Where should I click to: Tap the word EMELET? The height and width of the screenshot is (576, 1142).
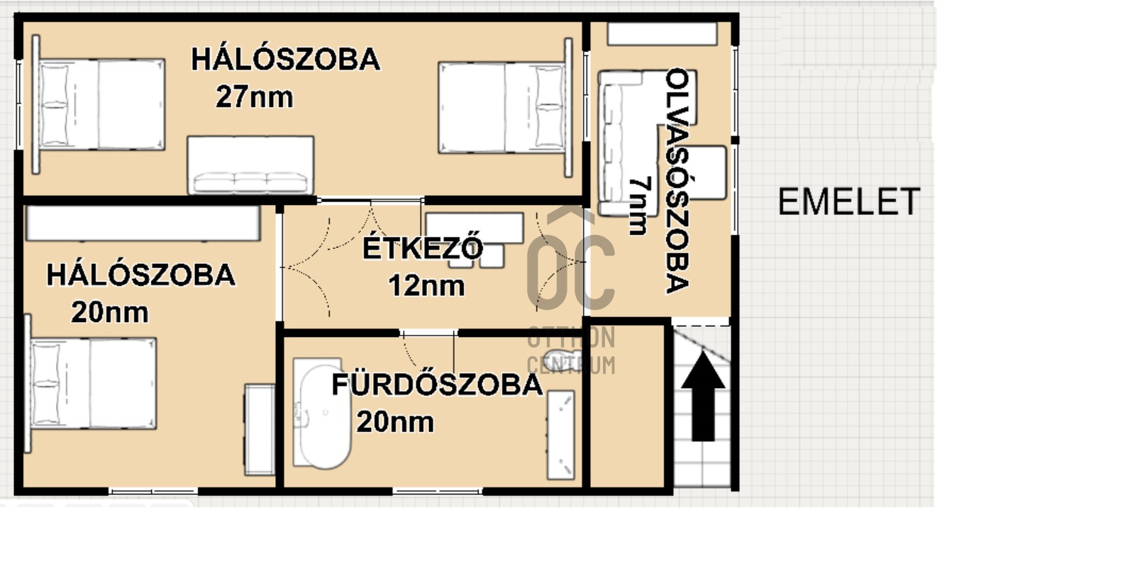click(848, 202)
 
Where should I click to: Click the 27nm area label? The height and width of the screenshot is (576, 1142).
click(255, 97)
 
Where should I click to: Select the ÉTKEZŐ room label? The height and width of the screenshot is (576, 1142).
click(423, 248)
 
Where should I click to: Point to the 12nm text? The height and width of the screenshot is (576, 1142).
click(426, 286)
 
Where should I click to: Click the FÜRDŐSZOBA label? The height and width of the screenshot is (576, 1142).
click(437, 384)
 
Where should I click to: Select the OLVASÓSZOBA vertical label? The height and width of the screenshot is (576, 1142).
click(678, 181)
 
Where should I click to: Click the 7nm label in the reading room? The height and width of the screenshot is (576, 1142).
click(638, 206)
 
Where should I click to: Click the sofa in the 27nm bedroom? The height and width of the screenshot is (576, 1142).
click(250, 165)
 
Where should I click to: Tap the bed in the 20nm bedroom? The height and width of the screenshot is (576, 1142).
click(92, 383)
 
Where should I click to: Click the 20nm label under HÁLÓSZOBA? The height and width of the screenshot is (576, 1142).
click(110, 312)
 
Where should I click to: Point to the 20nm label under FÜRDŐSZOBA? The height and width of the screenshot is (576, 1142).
click(395, 422)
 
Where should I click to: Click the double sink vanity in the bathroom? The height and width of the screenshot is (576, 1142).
click(560, 434)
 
